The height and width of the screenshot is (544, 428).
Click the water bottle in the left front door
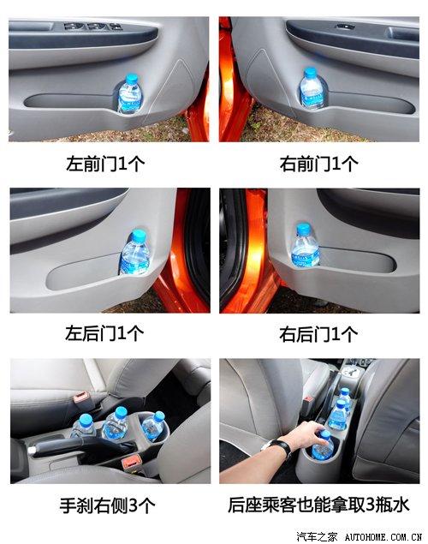[130, 94]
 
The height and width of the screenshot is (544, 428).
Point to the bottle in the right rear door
[304, 248]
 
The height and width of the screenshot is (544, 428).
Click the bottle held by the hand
[324, 444]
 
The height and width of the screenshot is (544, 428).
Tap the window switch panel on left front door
[86, 27]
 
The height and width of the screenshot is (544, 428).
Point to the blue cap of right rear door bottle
[303, 229]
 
